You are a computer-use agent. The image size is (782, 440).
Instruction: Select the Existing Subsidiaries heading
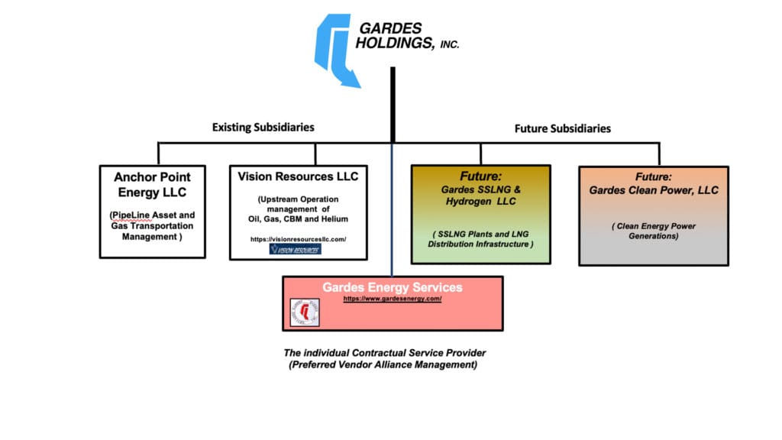click(263, 127)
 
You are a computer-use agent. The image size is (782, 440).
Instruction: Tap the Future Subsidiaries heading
click(563, 128)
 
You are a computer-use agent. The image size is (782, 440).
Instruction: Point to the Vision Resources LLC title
click(298, 176)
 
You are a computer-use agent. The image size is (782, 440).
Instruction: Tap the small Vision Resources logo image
click(296, 250)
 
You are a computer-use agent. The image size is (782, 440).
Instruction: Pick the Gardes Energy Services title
click(392, 287)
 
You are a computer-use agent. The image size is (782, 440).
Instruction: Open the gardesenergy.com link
click(392, 299)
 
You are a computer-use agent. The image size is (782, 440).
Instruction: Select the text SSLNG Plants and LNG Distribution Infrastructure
click(480, 238)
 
